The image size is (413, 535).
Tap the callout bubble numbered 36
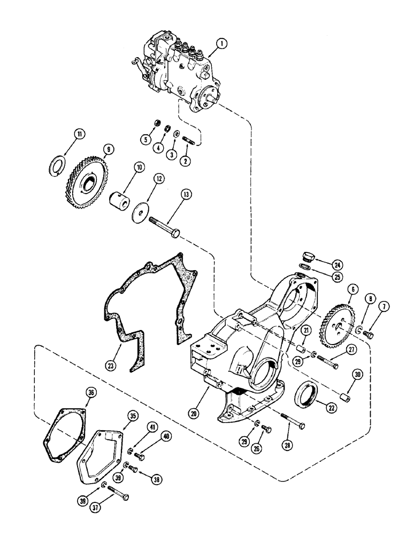pyautogui.click(x=90, y=394)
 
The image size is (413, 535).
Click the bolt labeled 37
pyautogui.click(x=118, y=495)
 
